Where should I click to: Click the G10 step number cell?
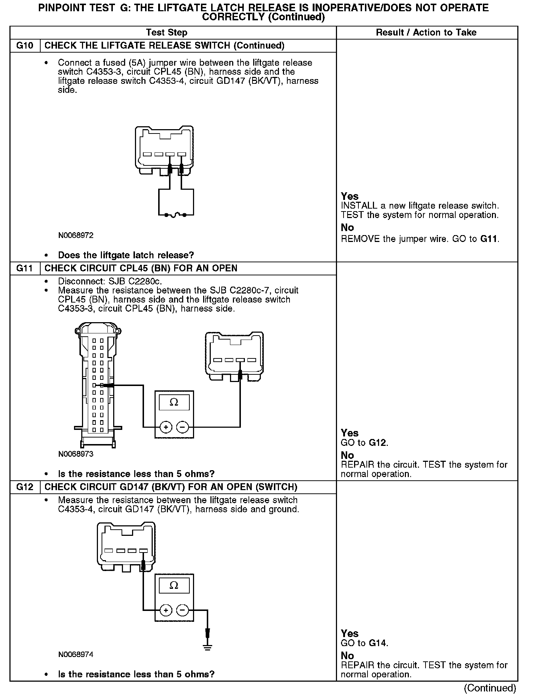click(25, 46)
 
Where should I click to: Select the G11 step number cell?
click(25, 268)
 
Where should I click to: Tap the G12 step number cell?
click(25, 487)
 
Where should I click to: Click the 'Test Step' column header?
click(167, 33)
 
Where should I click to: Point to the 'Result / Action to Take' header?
click(426, 33)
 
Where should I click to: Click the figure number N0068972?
click(75, 235)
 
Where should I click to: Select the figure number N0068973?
click(75, 454)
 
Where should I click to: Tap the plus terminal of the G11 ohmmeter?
click(166, 427)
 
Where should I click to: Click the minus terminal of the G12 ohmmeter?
click(182, 610)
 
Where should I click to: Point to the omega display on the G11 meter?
click(174, 402)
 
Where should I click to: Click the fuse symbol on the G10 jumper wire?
click(175, 215)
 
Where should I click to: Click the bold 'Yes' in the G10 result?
click(350, 196)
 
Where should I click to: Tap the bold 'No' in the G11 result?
click(347, 455)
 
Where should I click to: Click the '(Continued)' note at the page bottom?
click(489, 688)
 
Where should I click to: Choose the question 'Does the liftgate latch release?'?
click(126, 255)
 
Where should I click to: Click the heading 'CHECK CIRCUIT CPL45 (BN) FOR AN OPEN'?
click(141, 268)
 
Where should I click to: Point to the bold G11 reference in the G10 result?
click(489, 239)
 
